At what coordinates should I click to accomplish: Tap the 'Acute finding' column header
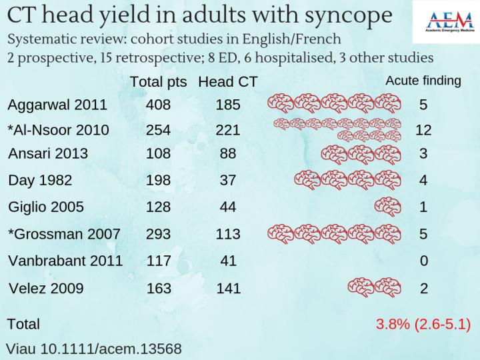pyautogui.click(x=423, y=81)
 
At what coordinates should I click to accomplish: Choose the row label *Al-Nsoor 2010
pyautogui.click(x=58, y=129)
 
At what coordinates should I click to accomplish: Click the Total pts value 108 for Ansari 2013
pyautogui.click(x=159, y=154)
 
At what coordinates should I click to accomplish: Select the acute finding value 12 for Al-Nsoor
pyautogui.click(x=423, y=129)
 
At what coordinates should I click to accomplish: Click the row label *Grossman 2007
pyautogui.click(x=63, y=234)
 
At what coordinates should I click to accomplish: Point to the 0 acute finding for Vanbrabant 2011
pyautogui.click(x=423, y=261)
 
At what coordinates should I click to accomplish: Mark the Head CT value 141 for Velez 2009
pyautogui.click(x=228, y=289)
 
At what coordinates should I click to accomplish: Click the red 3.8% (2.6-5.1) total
pyautogui.click(x=423, y=325)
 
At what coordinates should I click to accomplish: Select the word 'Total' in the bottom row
pyautogui.click(x=23, y=325)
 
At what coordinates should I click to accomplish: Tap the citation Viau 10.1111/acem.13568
pyautogui.click(x=94, y=347)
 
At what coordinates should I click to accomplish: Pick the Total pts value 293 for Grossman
pyautogui.click(x=159, y=234)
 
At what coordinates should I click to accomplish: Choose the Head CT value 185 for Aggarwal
pyautogui.click(x=228, y=105)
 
